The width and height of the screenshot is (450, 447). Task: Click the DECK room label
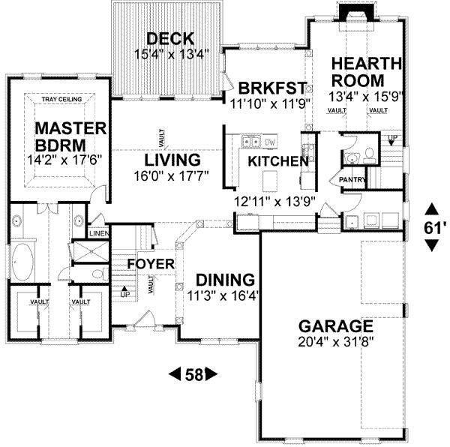point(170,38)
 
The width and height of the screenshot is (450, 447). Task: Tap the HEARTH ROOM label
point(358,71)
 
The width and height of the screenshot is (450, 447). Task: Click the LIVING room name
point(172,160)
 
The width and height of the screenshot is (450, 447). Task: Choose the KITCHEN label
point(278,161)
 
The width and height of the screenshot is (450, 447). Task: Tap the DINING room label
point(223,279)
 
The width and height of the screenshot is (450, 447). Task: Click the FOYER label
point(150,264)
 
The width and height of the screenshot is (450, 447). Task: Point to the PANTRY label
point(351,181)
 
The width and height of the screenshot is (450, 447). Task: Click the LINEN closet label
point(98,233)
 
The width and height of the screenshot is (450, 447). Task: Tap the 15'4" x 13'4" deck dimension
point(170,53)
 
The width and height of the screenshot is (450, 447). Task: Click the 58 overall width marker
point(193,373)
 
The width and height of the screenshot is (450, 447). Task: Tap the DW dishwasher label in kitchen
point(270,142)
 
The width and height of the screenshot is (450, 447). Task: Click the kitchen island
point(270,179)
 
